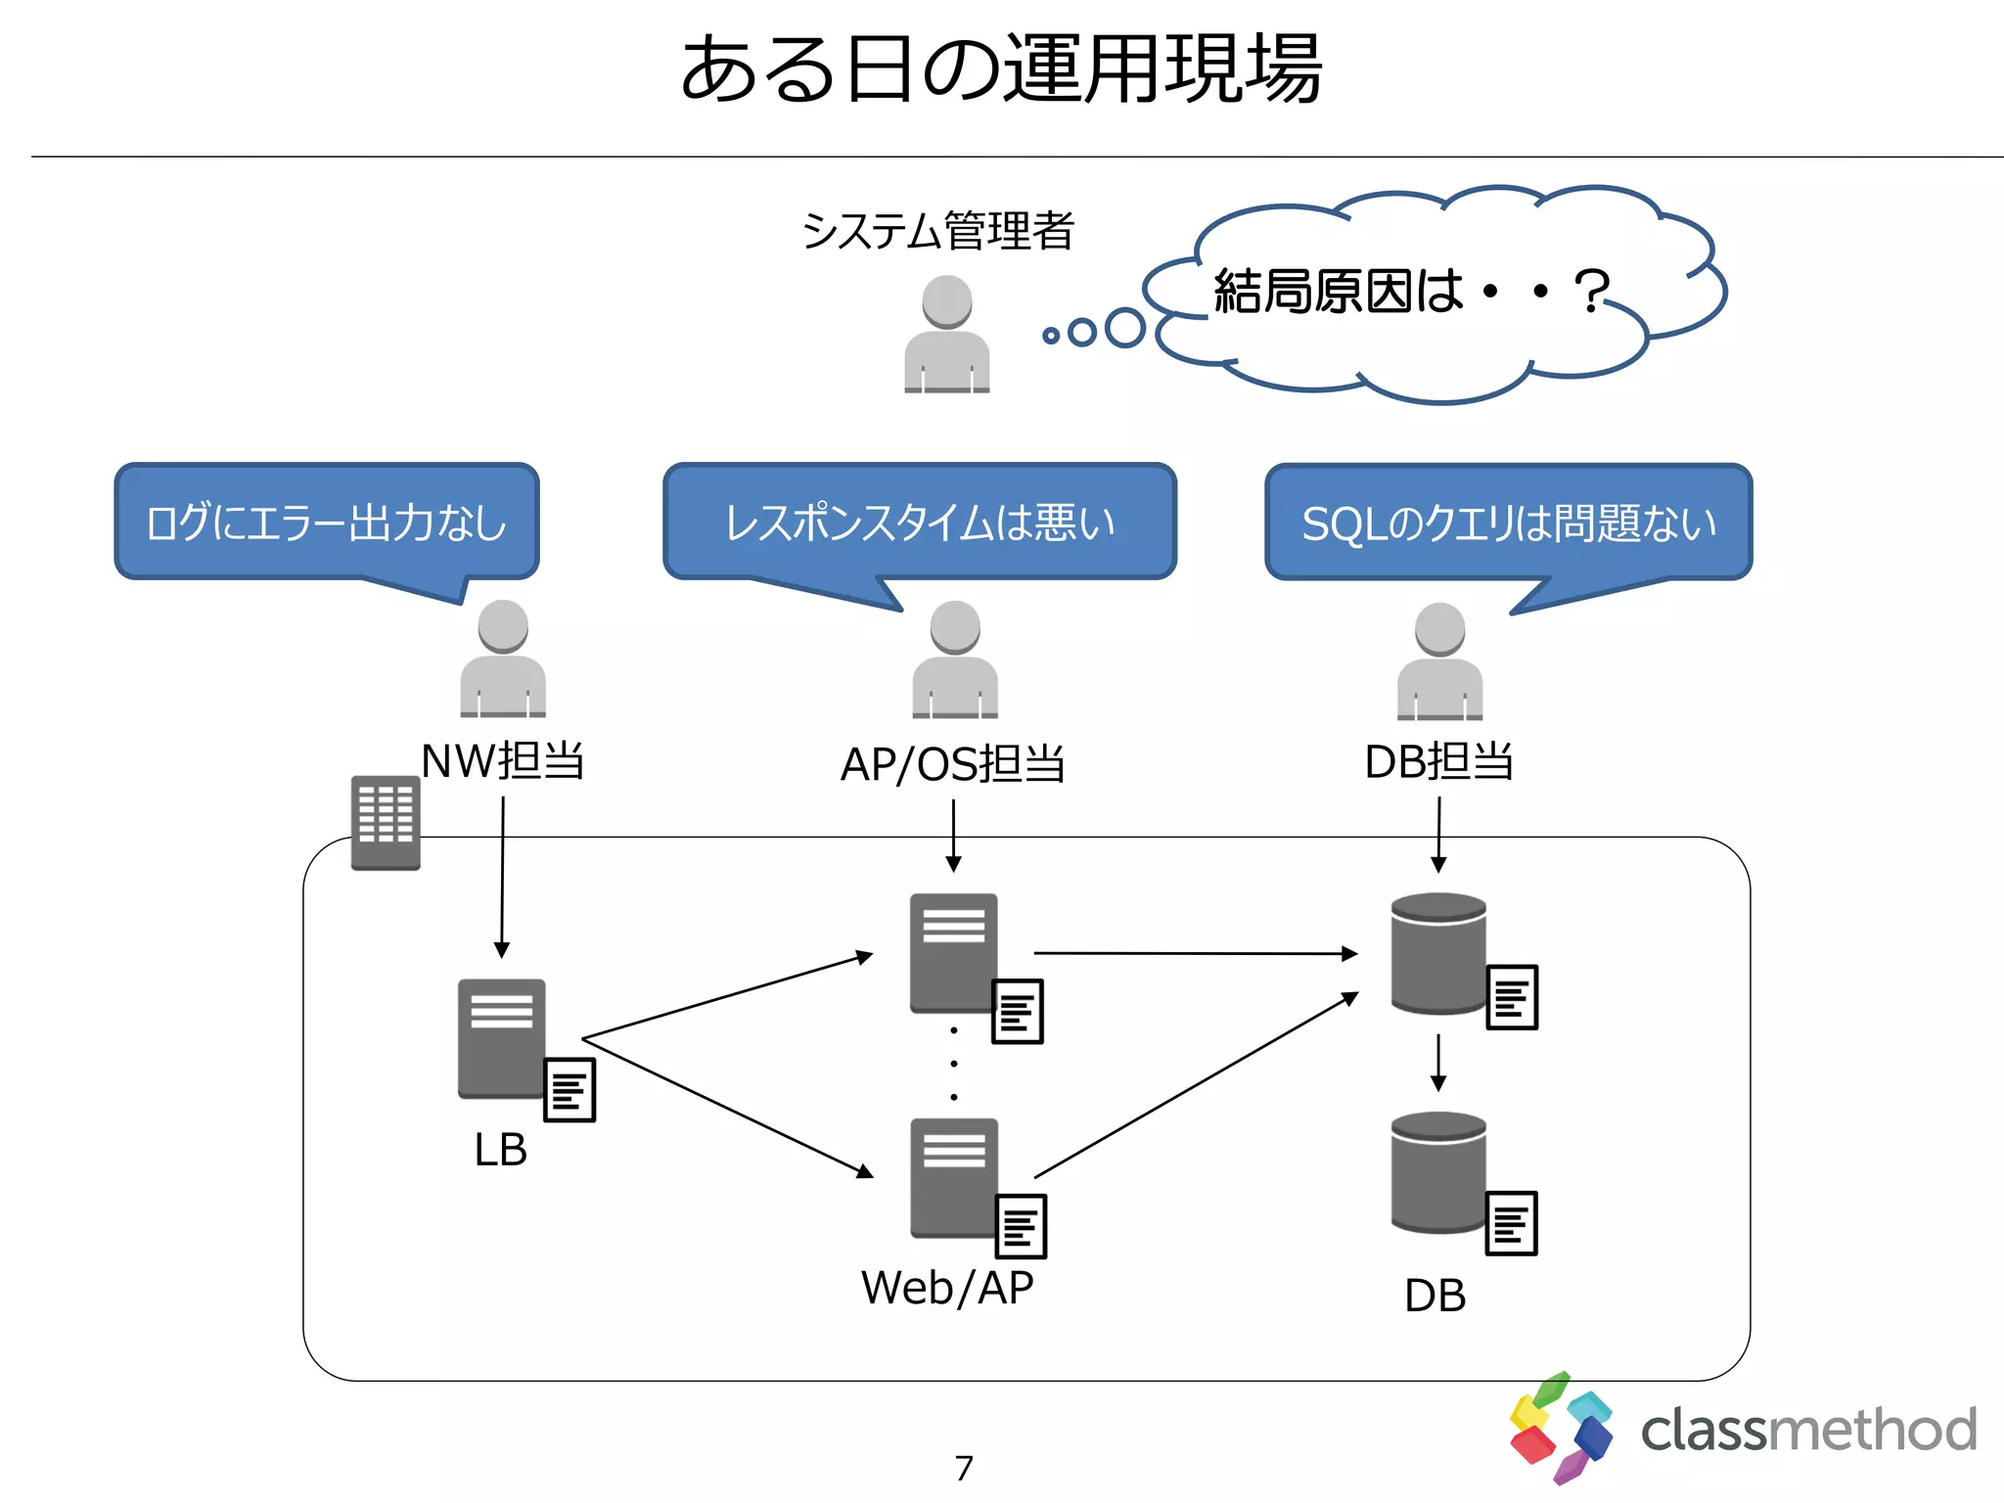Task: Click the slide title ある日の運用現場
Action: point(1001,68)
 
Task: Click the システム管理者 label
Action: point(938,231)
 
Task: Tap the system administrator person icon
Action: point(947,334)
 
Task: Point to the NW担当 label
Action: point(503,760)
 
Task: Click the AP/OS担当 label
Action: point(953,764)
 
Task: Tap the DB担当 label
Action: point(1439,761)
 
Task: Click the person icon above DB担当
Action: point(1439,660)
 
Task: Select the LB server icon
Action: point(502,1039)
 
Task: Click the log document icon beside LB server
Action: point(569,1089)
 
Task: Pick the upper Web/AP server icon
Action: point(954,953)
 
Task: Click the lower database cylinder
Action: point(1438,1172)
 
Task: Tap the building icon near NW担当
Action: point(386,823)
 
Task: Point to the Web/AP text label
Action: point(947,1288)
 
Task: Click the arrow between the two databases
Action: point(1438,1063)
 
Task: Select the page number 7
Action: point(964,1468)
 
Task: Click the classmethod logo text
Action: point(1808,1430)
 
